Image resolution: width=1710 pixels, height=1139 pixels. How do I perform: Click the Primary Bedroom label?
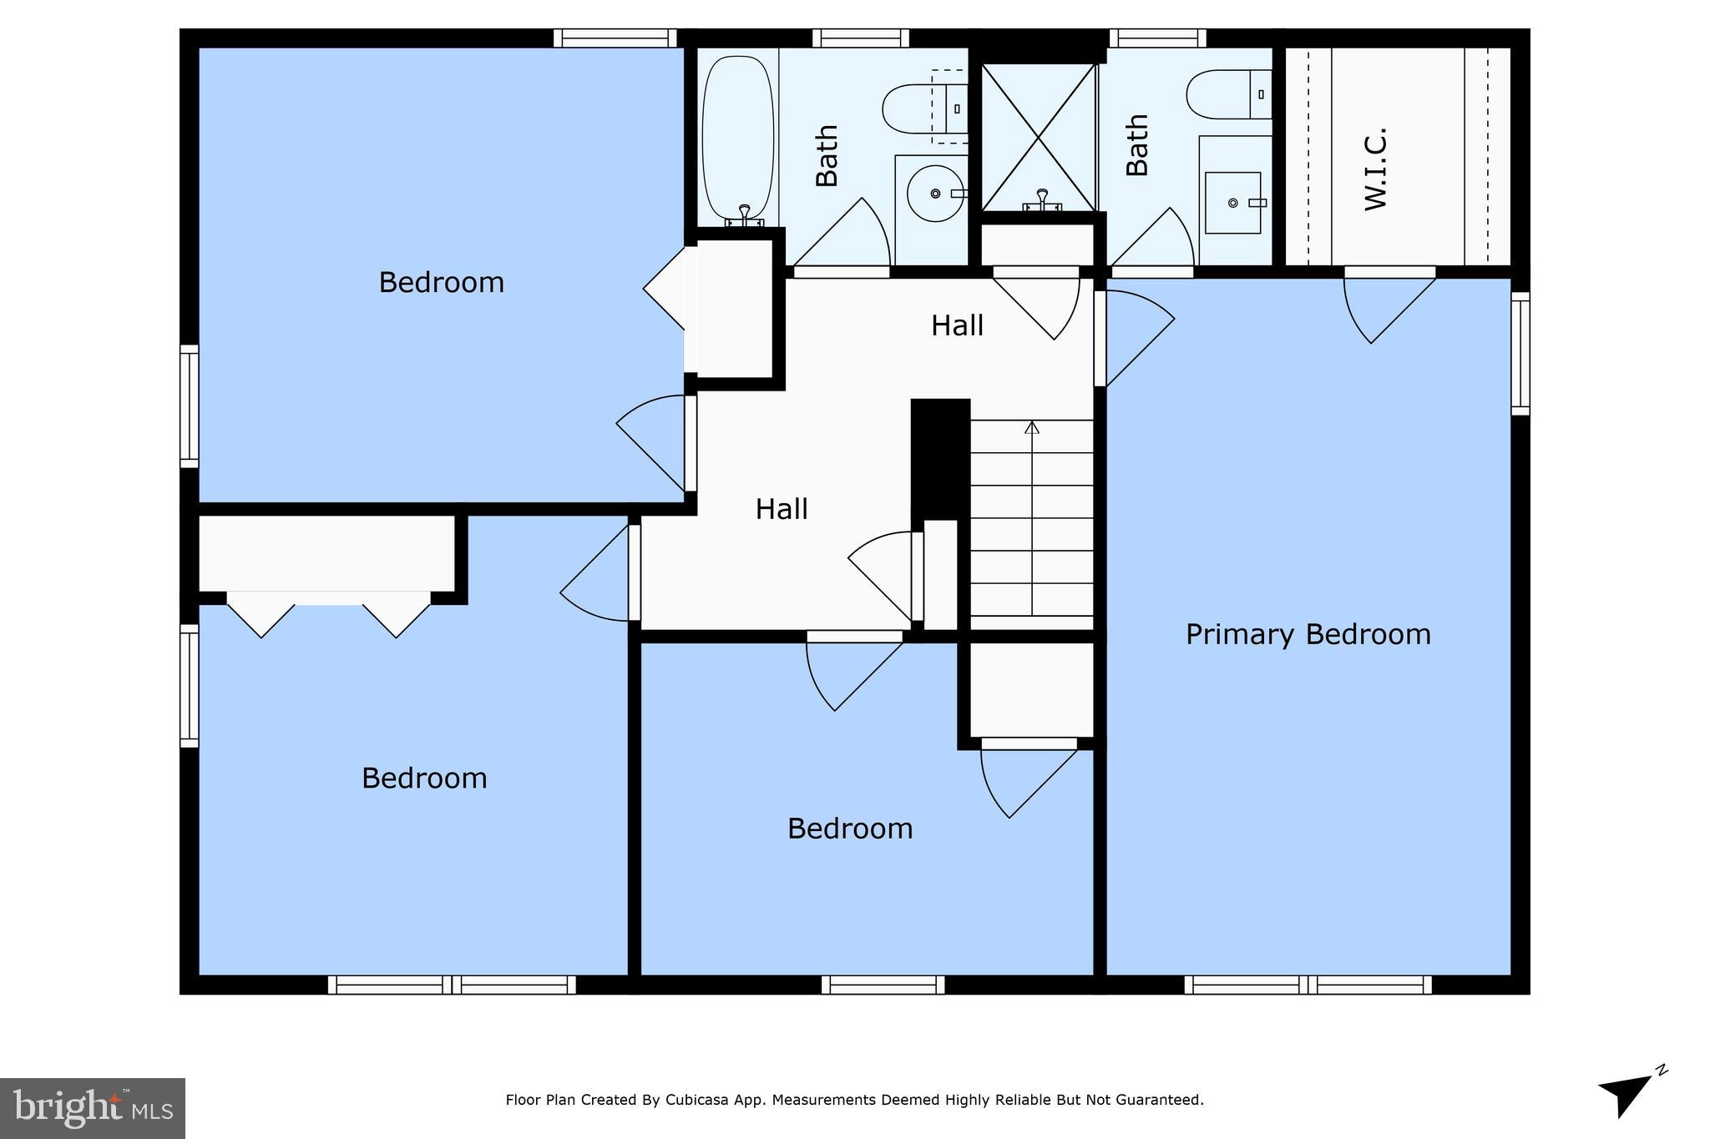coord(1308,634)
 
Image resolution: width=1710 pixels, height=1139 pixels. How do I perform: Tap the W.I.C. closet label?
coord(1375,169)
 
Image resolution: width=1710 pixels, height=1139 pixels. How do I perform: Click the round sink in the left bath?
coord(934,194)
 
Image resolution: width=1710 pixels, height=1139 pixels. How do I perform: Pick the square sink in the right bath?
coord(1233,203)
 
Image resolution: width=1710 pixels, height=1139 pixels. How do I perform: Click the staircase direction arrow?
coord(1032,428)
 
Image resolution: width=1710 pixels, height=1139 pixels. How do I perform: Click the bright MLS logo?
coord(92,1108)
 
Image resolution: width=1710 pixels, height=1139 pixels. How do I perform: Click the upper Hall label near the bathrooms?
coord(957,325)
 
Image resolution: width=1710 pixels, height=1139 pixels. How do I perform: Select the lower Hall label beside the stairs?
coord(782,509)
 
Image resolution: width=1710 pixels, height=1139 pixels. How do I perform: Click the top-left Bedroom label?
coord(441,283)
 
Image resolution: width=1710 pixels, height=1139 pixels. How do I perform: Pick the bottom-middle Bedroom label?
coord(850,829)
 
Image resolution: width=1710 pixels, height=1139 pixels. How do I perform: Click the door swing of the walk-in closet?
coord(1382,309)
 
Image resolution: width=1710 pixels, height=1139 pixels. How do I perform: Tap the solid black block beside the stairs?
coord(940,457)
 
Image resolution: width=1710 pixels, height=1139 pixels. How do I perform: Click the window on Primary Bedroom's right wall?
coord(1520,353)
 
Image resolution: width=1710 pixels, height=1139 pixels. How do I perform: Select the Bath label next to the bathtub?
coord(827,156)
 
